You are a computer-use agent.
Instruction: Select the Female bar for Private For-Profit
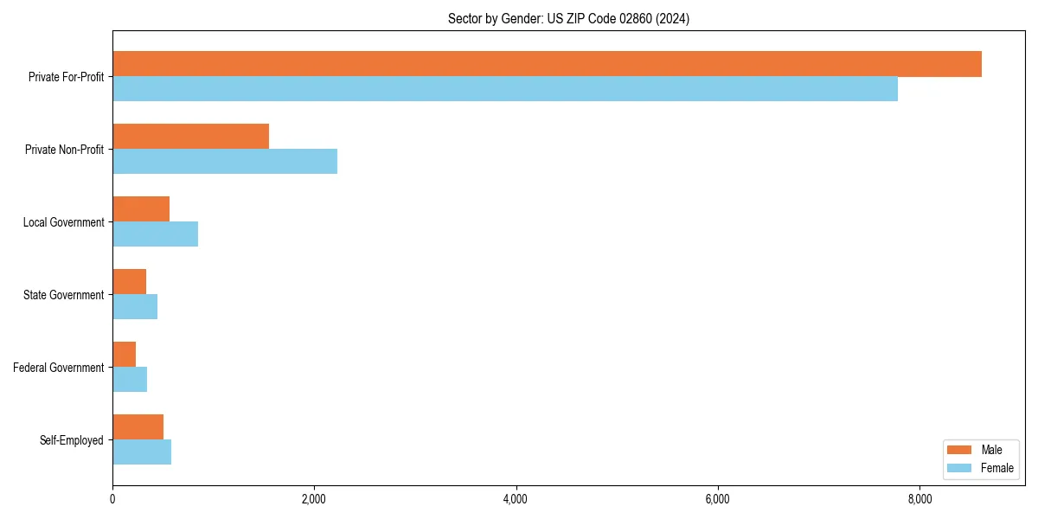pos(505,89)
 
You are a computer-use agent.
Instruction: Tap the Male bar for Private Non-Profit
pos(190,137)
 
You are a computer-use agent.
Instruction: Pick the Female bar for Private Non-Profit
pos(225,162)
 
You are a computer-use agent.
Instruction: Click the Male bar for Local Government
pos(141,209)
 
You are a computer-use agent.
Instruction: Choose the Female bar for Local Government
pos(155,234)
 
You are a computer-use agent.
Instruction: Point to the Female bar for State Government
pos(135,307)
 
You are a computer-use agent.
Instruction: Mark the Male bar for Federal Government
pos(124,355)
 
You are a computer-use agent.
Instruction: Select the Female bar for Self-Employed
pos(142,452)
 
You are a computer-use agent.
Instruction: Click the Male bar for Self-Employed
pos(138,427)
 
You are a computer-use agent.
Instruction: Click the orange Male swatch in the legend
pos(960,450)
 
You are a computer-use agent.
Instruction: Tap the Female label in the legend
pos(997,468)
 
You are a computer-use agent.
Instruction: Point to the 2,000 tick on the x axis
pos(314,499)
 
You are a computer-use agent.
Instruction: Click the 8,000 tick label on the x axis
pos(919,499)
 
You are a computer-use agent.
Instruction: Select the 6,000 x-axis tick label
pos(718,499)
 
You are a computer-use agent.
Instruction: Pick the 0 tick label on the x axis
pos(112,499)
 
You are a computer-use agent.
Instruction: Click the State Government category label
pos(63,295)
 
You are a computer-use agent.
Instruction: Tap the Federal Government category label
pos(59,368)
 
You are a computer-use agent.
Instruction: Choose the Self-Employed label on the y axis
pos(72,440)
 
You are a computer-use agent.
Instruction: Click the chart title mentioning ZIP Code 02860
pos(568,19)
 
